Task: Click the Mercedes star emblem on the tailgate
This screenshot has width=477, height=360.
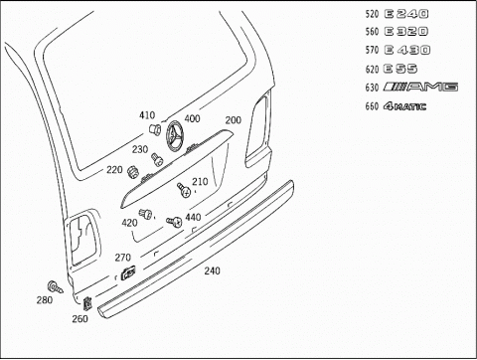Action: click(175, 135)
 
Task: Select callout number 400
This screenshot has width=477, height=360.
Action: click(192, 118)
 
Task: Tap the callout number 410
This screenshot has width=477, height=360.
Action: click(147, 115)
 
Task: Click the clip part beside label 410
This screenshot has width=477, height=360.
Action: click(155, 128)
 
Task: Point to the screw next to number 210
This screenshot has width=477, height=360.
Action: click(184, 190)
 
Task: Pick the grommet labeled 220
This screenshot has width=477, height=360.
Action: click(133, 171)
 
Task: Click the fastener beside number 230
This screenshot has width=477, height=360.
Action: click(157, 159)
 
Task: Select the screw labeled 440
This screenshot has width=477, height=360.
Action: click(174, 222)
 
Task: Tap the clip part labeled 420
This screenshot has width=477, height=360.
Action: click(145, 214)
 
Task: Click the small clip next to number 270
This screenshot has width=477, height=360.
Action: click(128, 272)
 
